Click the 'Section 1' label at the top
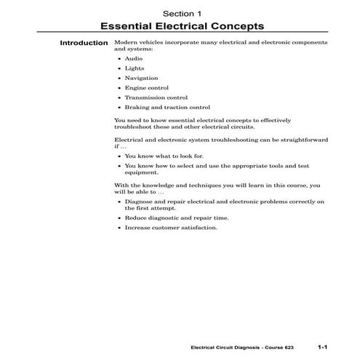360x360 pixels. [x=180, y=13]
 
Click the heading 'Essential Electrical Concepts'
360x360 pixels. [x=180, y=26]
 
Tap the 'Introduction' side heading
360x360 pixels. [x=84, y=43]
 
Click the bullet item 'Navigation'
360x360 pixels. [x=140, y=77]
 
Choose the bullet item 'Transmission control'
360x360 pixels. [x=156, y=97]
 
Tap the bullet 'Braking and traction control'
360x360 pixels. [x=167, y=108]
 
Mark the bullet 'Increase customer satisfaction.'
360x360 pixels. [x=171, y=228]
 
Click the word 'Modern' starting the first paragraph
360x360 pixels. [x=127, y=43]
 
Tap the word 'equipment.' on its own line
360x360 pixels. [x=141, y=173]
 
